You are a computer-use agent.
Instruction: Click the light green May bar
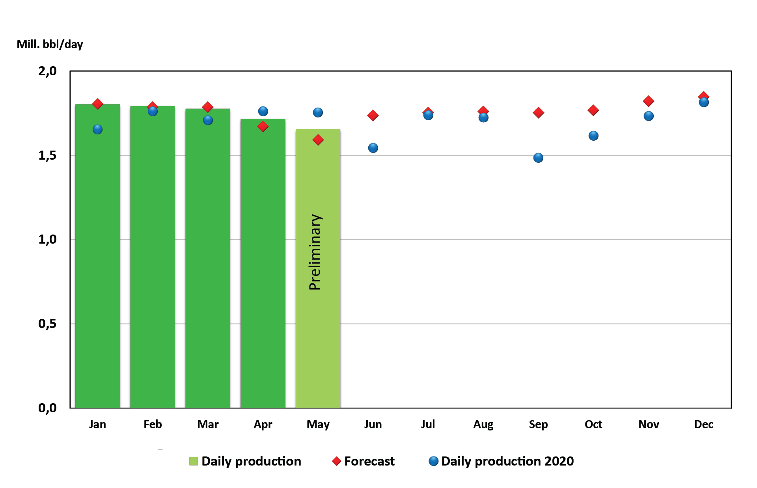(x=318, y=335)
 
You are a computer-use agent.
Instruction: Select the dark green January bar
(x=97, y=256)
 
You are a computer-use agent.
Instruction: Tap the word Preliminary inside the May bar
(x=315, y=252)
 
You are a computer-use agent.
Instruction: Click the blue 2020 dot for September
(x=538, y=158)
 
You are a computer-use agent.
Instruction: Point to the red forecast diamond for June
(x=373, y=115)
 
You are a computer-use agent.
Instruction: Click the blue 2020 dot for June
(x=373, y=148)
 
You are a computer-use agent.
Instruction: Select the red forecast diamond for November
(x=649, y=101)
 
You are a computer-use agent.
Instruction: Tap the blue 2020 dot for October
(x=593, y=136)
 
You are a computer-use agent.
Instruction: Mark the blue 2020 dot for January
(x=97, y=129)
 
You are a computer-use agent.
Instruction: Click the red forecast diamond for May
(x=318, y=140)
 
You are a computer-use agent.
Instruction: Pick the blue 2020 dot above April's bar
(x=263, y=111)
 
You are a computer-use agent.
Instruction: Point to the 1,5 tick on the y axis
(x=47, y=156)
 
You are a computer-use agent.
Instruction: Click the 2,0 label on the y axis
(x=47, y=71)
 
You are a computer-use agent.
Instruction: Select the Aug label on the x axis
(x=483, y=424)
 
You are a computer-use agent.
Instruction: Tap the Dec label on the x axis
(x=703, y=424)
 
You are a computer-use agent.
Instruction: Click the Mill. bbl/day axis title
(x=50, y=44)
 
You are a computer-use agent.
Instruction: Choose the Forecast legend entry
(x=369, y=461)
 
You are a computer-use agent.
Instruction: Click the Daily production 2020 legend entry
(x=507, y=461)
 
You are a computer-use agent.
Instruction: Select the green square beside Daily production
(x=193, y=461)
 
